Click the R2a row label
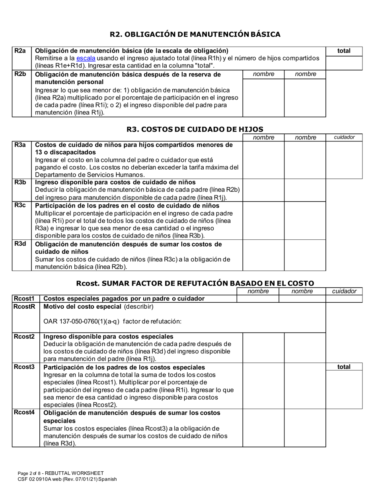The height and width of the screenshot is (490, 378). pos(20,51)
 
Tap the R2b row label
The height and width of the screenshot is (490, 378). pos(20,74)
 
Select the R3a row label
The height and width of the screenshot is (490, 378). pos(20,145)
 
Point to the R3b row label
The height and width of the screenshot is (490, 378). pos(20,182)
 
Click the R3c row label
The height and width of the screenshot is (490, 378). pos(20,206)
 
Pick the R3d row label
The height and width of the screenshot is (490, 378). pos(20,244)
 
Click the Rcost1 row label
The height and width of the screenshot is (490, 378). pos(24,299)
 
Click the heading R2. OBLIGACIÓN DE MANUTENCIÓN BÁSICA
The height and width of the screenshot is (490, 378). pos(195,34)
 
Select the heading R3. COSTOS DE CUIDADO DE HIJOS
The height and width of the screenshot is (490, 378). pos(195,129)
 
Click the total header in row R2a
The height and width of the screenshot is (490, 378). pos(344,51)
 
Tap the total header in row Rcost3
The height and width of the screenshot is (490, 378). pos(344,367)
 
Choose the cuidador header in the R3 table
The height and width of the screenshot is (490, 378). pos(344,137)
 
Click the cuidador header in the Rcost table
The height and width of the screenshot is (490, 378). pos(344,291)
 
